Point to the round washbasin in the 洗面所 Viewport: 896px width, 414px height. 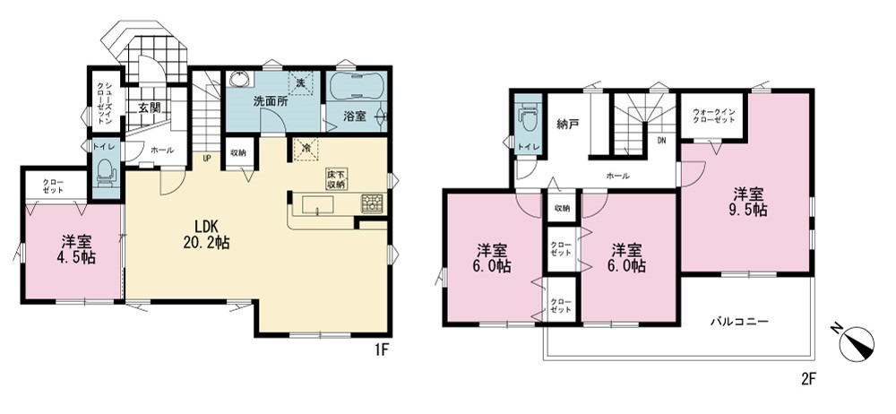236,80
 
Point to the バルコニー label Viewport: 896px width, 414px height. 739,321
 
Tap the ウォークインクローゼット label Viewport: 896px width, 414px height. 713,116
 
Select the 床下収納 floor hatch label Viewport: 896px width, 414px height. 337,179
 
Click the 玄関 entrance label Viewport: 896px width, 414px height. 150,107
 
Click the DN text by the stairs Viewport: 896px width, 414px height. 661,140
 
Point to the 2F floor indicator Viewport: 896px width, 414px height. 810,378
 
